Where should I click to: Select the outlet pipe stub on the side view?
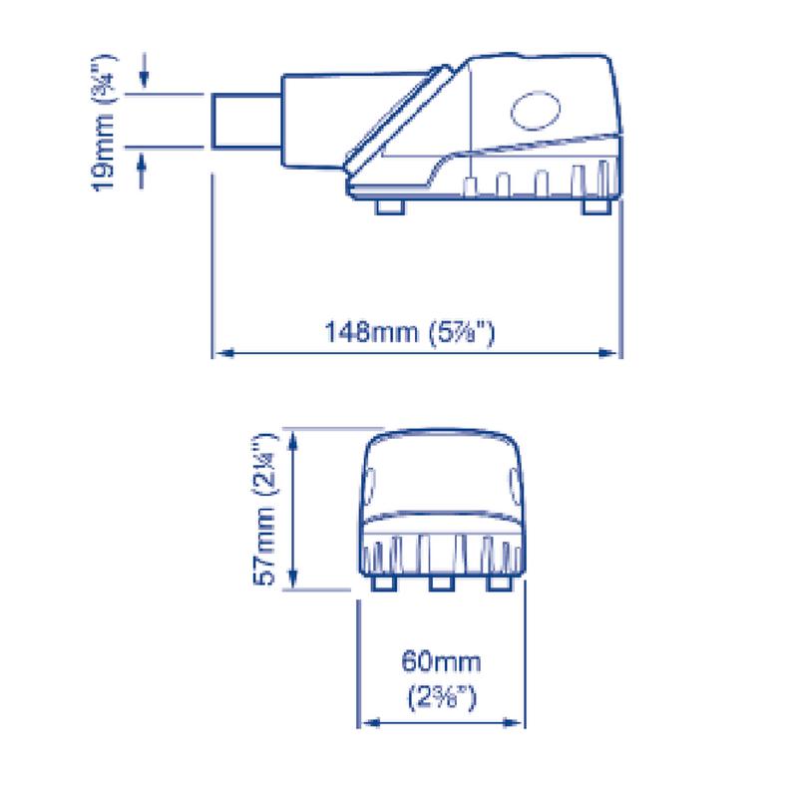tap(244, 122)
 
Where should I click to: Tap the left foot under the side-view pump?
tap(390, 203)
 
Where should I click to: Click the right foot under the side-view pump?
tap(594, 203)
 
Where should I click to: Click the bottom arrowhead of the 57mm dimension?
tap(292, 584)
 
